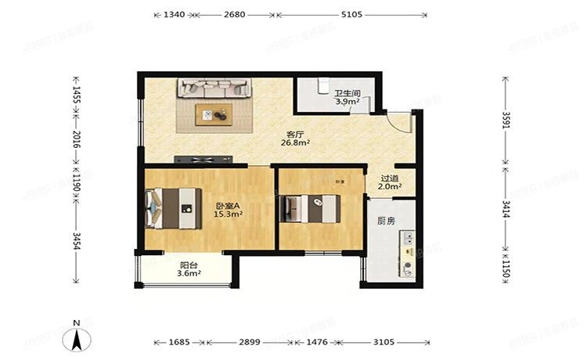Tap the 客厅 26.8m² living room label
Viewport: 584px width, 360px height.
point(297,139)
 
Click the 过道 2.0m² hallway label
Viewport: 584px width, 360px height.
point(389,182)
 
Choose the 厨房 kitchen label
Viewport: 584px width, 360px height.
point(385,221)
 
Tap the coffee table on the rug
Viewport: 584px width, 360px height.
point(214,114)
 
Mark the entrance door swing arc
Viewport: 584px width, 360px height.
point(401,122)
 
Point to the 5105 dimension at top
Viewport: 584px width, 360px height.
point(351,15)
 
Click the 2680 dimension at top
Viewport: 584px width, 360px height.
point(234,15)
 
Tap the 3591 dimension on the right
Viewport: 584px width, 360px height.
point(506,121)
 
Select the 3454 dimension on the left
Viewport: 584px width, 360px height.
point(76,243)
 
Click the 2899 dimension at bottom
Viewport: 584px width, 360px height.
point(250,342)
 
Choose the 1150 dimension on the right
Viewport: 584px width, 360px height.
point(506,271)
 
